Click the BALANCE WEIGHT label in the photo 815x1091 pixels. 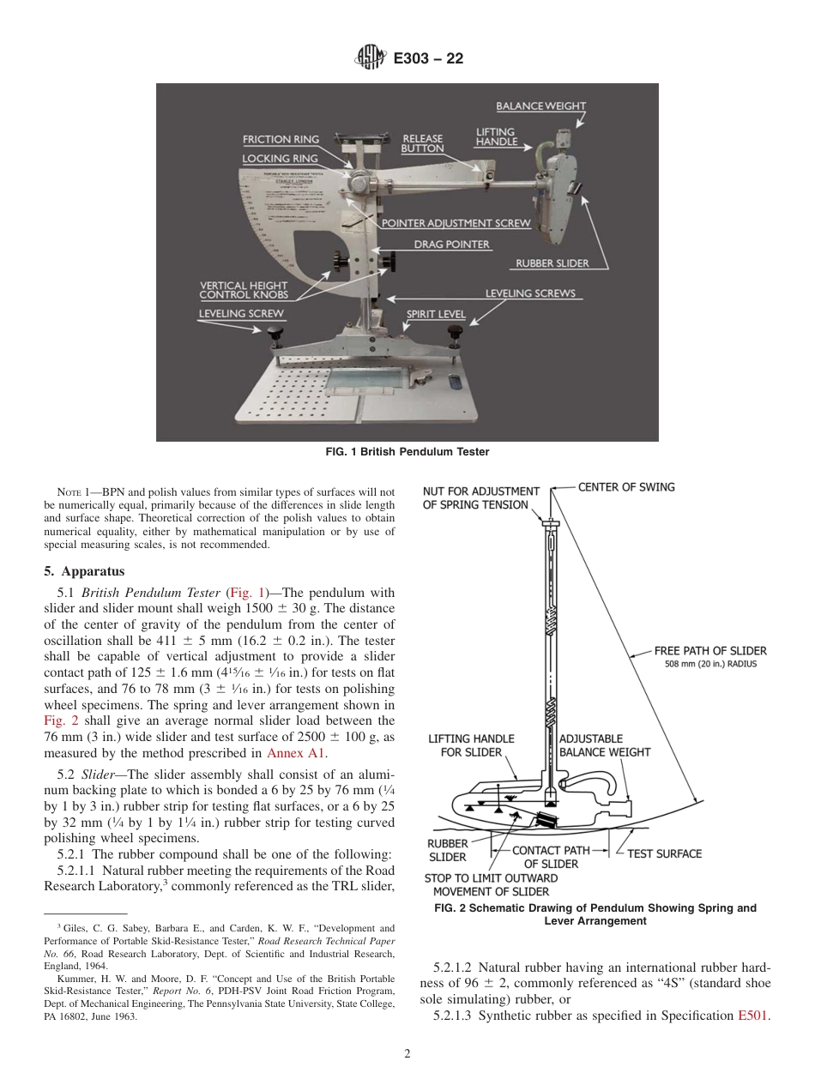point(540,106)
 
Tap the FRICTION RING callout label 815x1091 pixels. point(281,139)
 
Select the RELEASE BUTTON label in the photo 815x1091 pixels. point(422,143)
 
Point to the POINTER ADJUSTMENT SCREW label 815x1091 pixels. point(456,223)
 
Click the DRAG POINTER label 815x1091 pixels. point(452,244)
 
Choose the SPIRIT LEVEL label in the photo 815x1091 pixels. point(436,314)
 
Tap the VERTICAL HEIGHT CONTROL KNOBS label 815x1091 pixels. point(244,290)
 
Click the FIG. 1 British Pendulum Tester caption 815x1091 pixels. point(407,451)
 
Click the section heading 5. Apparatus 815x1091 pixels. point(84,571)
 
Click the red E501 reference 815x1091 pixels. point(753,1016)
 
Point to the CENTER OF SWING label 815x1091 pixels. point(626,487)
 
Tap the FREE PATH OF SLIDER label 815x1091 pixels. point(710,651)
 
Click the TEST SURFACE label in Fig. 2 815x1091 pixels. point(664,853)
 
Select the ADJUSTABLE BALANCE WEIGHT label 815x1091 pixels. point(604,745)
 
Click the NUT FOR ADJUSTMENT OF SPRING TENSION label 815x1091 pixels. point(480,498)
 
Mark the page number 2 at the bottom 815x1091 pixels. point(407,1054)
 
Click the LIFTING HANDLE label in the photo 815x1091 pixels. point(497,137)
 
